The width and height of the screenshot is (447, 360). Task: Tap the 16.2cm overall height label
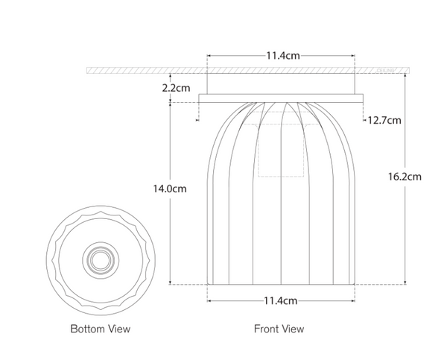click(405, 177)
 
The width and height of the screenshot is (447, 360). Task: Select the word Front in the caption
click(267, 329)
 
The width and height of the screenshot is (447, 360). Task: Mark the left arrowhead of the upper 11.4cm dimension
click(209, 55)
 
